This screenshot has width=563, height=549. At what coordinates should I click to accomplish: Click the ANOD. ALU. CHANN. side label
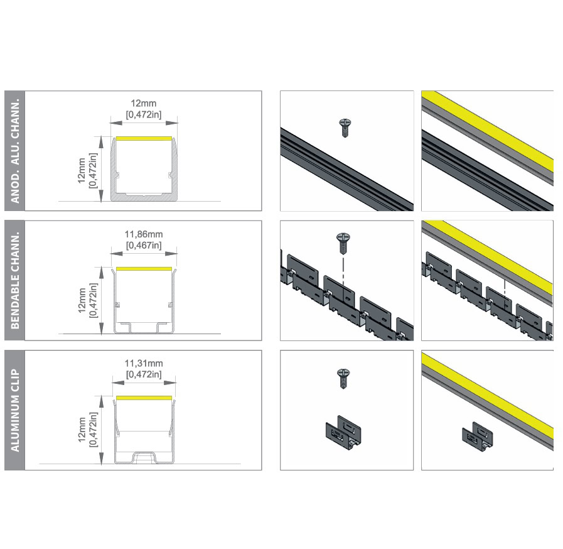pyautogui.click(x=15, y=151)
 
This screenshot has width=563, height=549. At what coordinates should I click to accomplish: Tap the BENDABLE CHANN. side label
pyautogui.click(x=15, y=281)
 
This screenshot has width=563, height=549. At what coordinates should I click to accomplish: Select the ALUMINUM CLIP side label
pyautogui.click(x=15, y=410)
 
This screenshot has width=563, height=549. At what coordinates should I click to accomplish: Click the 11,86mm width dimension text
pyautogui.click(x=144, y=234)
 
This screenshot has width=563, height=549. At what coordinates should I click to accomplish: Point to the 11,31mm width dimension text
pyautogui.click(x=144, y=363)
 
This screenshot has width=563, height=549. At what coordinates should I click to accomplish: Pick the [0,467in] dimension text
pyautogui.click(x=144, y=246)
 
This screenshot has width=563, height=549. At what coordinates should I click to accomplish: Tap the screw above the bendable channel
pyautogui.click(x=343, y=243)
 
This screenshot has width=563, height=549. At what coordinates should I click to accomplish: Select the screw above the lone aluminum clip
pyautogui.click(x=343, y=378)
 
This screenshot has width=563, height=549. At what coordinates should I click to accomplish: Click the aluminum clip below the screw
pyautogui.click(x=343, y=433)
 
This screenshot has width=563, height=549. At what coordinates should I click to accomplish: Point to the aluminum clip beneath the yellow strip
pyautogui.click(x=477, y=437)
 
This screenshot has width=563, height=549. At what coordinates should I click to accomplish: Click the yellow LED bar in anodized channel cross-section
pyautogui.click(x=144, y=138)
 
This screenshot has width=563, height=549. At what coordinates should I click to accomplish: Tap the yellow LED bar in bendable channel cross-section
pyautogui.click(x=144, y=269)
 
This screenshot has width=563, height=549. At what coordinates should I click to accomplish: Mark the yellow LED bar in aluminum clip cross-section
pyautogui.click(x=144, y=398)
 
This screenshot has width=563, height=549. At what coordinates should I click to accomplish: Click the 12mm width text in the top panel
pyautogui.click(x=144, y=104)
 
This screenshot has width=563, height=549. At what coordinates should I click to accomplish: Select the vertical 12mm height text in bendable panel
pyautogui.click(x=82, y=300)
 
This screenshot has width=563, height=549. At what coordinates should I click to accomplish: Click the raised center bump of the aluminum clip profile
pyautogui.click(x=144, y=456)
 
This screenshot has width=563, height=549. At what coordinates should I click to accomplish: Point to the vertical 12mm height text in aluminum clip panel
pyautogui.click(x=82, y=430)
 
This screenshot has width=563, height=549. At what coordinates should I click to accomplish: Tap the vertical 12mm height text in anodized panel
pyautogui.click(x=82, y=170)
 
